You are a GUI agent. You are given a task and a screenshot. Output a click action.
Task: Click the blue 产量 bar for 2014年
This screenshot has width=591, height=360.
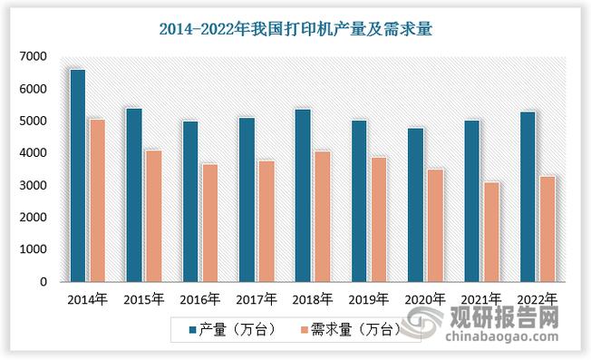coord(77,175)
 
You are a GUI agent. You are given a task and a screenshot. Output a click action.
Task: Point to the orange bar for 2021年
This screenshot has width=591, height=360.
coord(490,231)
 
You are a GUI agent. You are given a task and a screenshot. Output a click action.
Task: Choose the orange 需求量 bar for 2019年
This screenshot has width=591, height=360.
coord(378,219)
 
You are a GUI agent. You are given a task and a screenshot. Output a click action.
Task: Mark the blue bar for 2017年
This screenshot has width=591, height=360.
coord(246,199)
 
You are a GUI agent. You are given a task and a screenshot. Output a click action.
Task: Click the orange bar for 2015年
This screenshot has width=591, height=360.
coord(153,216)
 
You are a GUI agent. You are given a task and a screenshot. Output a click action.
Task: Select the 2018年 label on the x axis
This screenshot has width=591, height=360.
coord(313,298)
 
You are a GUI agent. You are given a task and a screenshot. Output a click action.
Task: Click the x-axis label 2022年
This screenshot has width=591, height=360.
coord(537,298)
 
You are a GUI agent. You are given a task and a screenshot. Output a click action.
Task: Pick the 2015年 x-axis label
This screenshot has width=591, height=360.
coord(145,298)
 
